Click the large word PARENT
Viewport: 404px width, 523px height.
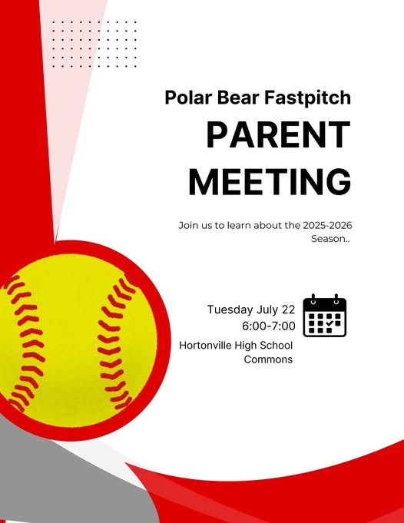[x=279, y=134]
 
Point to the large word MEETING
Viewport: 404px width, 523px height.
[x=270, y=182]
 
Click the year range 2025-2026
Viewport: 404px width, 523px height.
[x=327, y=225]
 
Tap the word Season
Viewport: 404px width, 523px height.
[x=329, y=239]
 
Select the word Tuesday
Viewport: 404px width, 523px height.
[x=230, y=309]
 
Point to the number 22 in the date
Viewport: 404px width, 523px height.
[x=289, y=309]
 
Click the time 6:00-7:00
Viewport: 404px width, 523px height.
[x=269, y=326]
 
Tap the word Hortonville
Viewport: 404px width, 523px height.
[x=206, y=346]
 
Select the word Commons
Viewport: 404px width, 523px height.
[x=268, y=359]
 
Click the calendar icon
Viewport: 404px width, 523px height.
[x=325, y=316]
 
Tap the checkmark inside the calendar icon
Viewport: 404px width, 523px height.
[x=329, y=323]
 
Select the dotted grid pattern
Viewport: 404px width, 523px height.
[x=94, y=44]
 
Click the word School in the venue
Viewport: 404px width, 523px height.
[x=276, y=346]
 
